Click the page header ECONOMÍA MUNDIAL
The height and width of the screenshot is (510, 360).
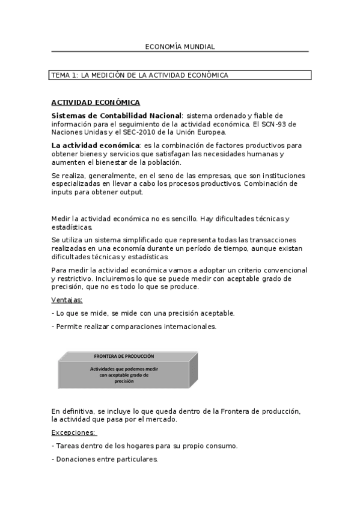tap(180, 46)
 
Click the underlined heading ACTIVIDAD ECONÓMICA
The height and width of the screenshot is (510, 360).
tap(96, 102)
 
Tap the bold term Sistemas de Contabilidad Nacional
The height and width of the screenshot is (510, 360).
tap(116, 115)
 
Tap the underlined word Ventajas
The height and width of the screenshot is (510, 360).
tap(67, 300)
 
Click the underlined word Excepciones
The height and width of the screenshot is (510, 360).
tap(74, 432)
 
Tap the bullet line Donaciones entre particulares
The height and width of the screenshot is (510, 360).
tap(105, 459)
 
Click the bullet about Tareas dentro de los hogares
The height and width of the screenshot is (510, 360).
tap(145, 446)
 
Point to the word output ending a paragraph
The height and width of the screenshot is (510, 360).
tap(131, 192)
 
